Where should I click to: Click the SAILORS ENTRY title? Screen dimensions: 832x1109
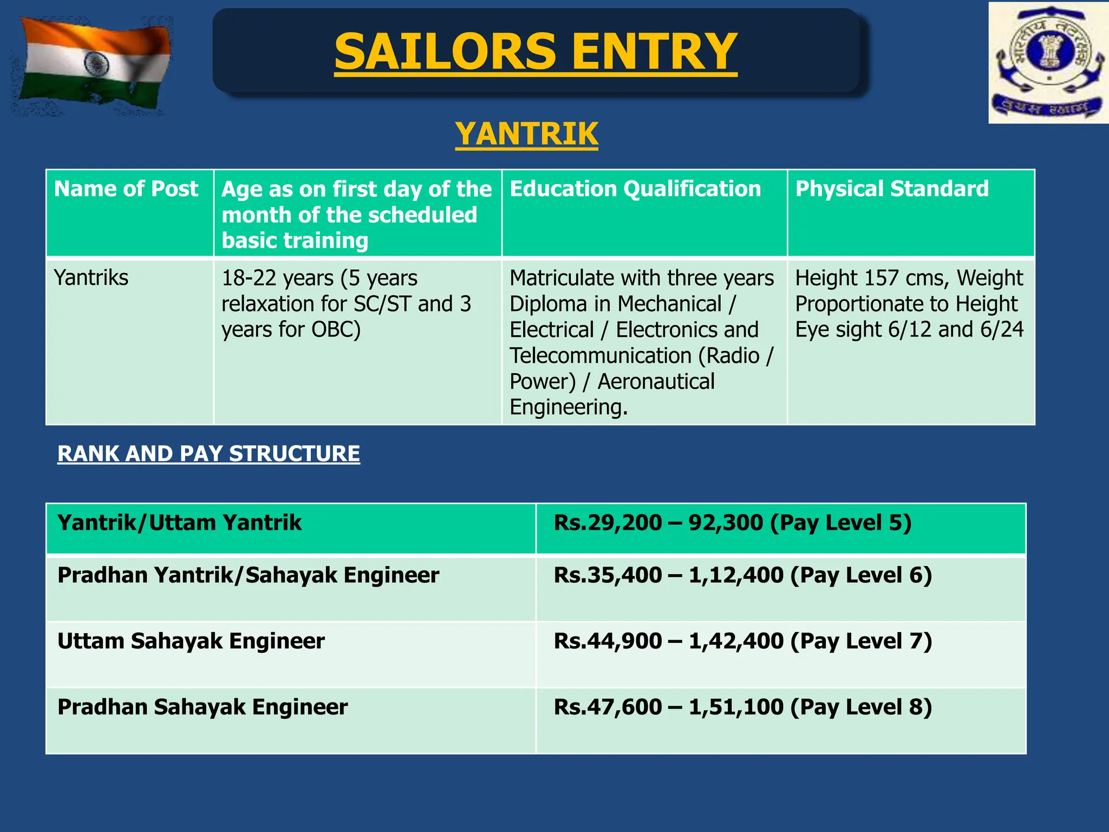(536, 51)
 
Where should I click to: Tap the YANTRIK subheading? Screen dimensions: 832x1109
(526, 134)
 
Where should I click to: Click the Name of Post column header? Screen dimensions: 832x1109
(126, 189)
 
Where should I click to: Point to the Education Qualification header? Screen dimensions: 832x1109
(635, 189)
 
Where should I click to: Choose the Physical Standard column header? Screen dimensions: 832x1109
(892, 189)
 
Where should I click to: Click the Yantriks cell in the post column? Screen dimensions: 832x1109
(92, 278)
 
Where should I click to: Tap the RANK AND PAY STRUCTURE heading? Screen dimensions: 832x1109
(208, 453)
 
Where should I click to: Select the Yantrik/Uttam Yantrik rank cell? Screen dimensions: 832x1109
(180, 523)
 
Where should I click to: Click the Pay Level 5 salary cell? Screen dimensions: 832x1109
(733, 523)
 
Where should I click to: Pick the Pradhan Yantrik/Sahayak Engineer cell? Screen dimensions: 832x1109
(248, 575)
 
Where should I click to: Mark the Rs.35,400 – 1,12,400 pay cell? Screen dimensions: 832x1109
(742, 575)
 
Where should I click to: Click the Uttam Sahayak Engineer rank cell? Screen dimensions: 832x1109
(191, 641)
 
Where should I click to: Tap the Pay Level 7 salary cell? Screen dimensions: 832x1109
(742, 641)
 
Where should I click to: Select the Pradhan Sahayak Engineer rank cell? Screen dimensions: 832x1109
(203, 707)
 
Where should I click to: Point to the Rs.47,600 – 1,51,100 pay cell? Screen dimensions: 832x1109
(742, 707)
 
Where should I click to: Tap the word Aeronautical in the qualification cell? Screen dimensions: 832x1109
(656, 382)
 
